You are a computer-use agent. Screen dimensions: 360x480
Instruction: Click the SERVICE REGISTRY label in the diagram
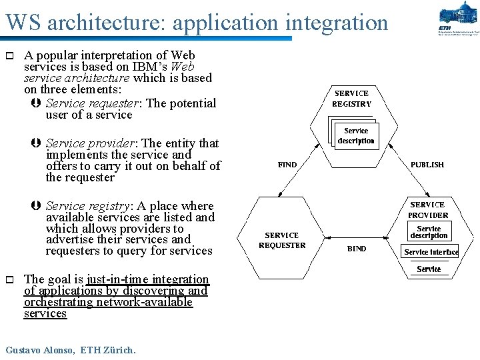(x=351, y=99)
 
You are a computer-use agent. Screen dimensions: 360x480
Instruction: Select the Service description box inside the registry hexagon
(x=356, y=136)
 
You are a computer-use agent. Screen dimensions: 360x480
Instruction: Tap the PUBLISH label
(x=427, y=165)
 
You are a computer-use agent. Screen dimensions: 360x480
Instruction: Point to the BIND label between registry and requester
(x=287, y=165)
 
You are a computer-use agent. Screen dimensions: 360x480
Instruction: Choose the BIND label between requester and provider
(x=357, y=249)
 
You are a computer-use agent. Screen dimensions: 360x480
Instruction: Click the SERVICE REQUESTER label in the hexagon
(x=282, y=240)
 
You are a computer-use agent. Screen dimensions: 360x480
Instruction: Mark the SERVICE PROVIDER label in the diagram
(x=429, y=210)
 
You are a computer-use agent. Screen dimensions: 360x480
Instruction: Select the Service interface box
(x=431, y=252)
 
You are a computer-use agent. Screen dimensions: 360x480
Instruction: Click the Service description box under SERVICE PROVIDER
(x=429, y=232)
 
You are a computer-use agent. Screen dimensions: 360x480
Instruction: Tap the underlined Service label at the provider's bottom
(x=429, y=269)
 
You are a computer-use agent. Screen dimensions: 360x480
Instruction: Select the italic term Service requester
(x=93, y=103)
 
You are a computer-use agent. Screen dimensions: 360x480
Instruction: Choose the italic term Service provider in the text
(x=91, y=143)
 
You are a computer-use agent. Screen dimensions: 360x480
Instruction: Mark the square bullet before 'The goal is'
(x=9, y=279)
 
